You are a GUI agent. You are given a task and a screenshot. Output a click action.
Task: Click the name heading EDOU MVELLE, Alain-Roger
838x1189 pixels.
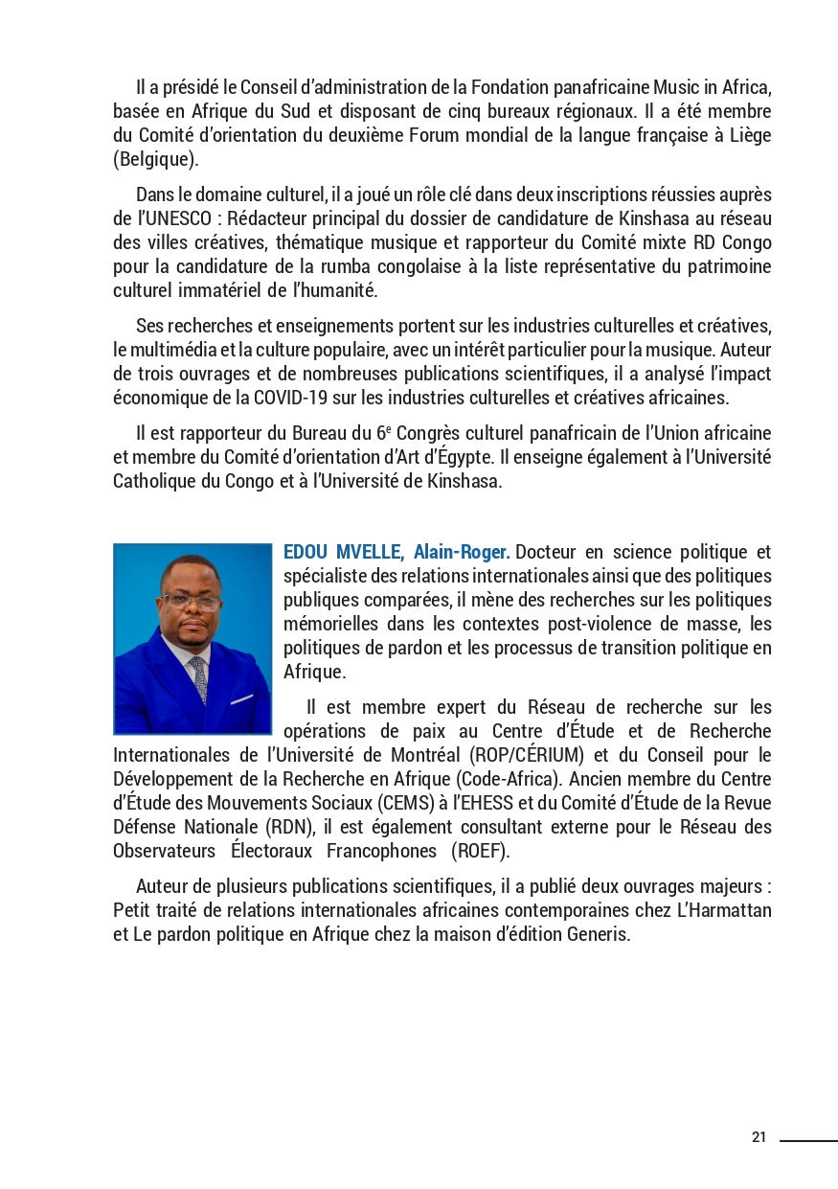point(396,553)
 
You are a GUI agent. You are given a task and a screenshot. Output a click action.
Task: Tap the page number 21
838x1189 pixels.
point(759,1137)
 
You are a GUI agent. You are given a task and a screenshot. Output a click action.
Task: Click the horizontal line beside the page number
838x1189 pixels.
point(808,1140)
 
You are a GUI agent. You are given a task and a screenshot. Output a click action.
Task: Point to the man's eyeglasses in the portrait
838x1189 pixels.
point(191,602)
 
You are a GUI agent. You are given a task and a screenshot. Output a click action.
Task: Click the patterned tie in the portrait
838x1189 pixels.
point(198,678)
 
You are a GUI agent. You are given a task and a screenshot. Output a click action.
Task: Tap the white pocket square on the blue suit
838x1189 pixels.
point(242,698)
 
